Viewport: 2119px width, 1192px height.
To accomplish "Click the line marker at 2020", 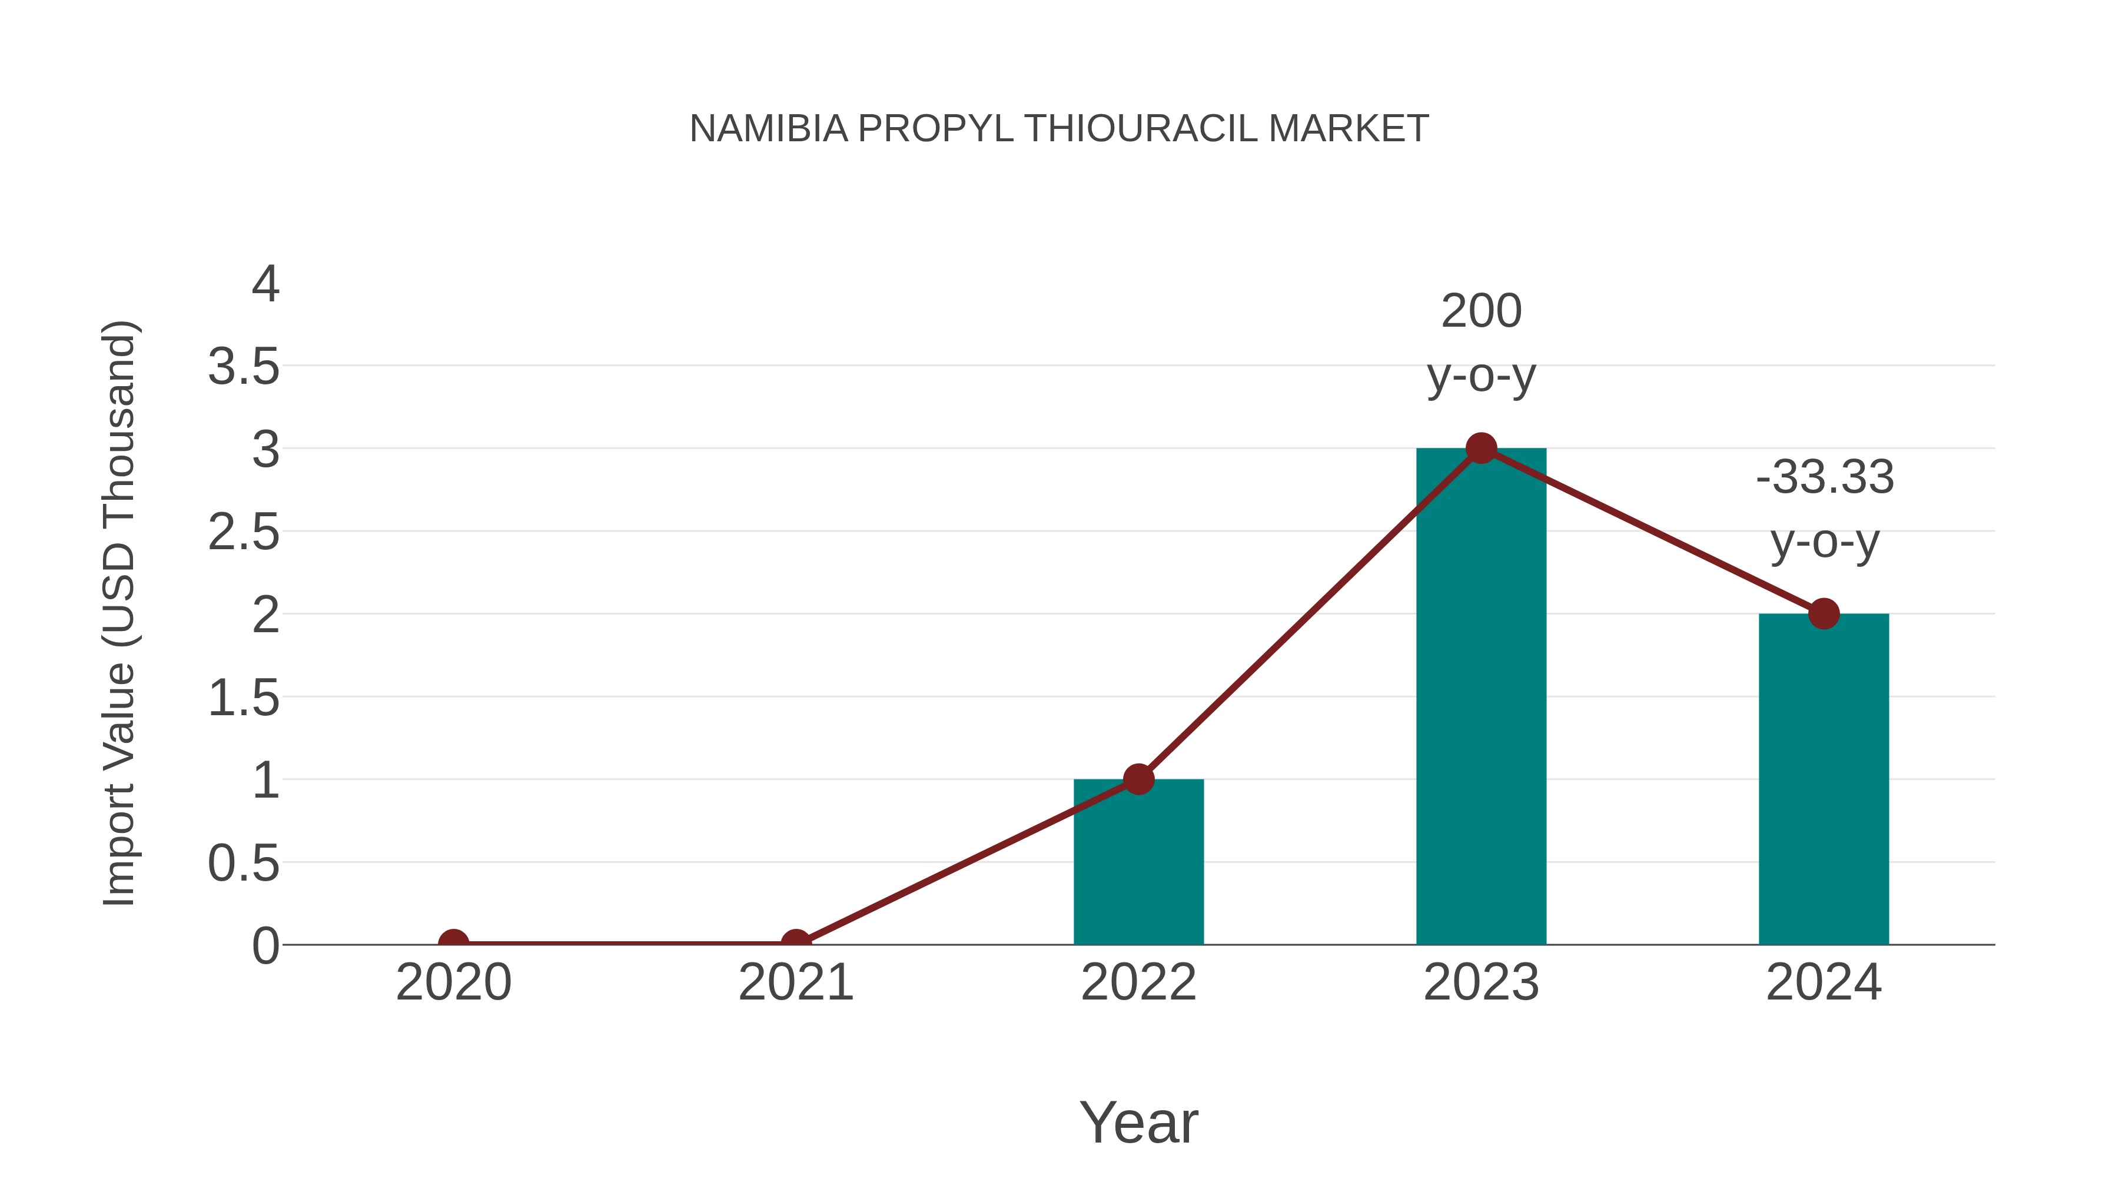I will click(453, 943).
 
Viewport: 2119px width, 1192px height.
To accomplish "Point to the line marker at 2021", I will click(795, 943).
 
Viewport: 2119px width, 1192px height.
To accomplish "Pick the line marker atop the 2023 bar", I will click(1481, 449).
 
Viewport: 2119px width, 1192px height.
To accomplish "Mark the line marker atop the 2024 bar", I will click(1824, 614).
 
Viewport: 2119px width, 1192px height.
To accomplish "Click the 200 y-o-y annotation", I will click(1481, 343).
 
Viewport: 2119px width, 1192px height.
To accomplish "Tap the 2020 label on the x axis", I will click(453, 982).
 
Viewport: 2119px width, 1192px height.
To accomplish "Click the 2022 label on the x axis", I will click(1138, 982).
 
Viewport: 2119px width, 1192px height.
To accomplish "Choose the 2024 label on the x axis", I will click(1824, 982).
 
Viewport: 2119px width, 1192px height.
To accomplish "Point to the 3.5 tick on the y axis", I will click(244, 367).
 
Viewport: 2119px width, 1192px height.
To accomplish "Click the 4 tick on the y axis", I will click(265, 285).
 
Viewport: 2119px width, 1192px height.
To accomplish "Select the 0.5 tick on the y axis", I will click(244, 864).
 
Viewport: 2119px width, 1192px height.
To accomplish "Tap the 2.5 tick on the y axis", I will click(244, 533).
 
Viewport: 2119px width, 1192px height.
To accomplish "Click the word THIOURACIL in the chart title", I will click(1140, 129).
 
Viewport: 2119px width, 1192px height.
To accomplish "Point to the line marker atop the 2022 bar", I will click(1138, 779).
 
